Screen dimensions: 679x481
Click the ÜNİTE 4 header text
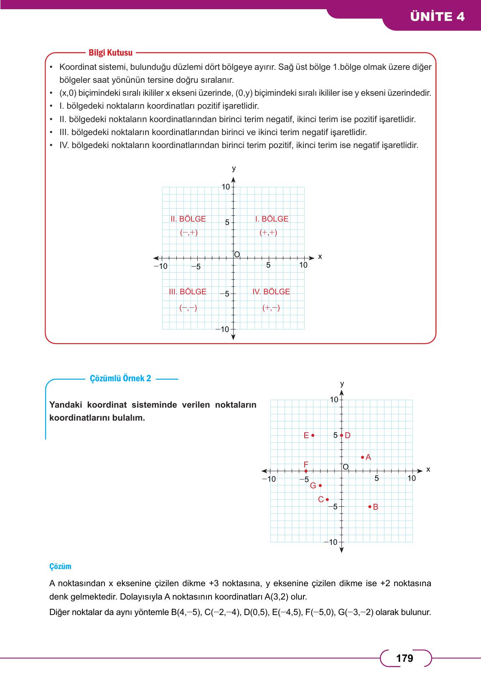click(437, 17)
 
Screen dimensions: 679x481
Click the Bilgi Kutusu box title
click(110, 53)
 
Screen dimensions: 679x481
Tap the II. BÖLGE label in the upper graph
click(188, 219)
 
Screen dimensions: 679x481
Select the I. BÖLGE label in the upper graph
click(272, 219)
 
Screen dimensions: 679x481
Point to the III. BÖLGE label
click(188, 291)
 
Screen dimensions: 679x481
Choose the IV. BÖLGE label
click(271, 291)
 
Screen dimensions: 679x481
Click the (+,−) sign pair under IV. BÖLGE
click(271, 308)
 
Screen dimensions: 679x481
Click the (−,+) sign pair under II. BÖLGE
click(188, 233)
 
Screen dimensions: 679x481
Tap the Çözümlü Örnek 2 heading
click(120, 378)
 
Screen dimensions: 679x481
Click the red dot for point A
click(362, 457)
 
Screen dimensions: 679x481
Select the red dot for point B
click(370, 507)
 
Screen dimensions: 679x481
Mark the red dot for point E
click(313, 435)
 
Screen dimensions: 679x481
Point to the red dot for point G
click(320, 485)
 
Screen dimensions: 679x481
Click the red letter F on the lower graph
click(306, 464)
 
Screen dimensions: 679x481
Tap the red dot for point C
click(327, 500)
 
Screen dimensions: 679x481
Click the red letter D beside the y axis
click(348, 435)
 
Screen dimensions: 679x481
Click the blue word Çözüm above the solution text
click(60, 567)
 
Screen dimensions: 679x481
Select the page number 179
click(405, 659)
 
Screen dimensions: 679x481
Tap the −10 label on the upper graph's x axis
click(160, 266)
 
